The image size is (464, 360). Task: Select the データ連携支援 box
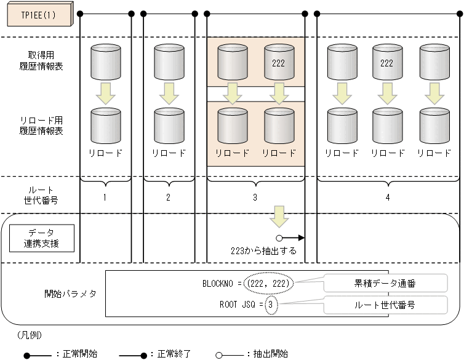[x=42, y=239]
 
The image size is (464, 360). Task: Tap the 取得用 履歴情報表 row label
[x=42, y=62]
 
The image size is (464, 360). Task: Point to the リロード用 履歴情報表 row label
[x=42, y=126]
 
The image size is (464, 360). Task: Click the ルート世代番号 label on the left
[x=42, y=194]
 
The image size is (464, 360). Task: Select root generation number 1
[x=105, y=198]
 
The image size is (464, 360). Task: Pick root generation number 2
[x=168, y=198]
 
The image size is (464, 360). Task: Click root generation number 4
[x=387, y=198]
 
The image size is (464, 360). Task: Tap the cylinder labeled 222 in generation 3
[x=279, y=62]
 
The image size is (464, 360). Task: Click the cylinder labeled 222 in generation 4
[x=386, y=62]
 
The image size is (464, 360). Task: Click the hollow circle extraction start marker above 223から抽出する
[x=279, y=238]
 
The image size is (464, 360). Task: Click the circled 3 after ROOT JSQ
[x=271, y=304]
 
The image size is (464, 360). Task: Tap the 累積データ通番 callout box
[x=376, y=283]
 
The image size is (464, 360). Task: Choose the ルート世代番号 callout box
[x=376, y=304]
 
